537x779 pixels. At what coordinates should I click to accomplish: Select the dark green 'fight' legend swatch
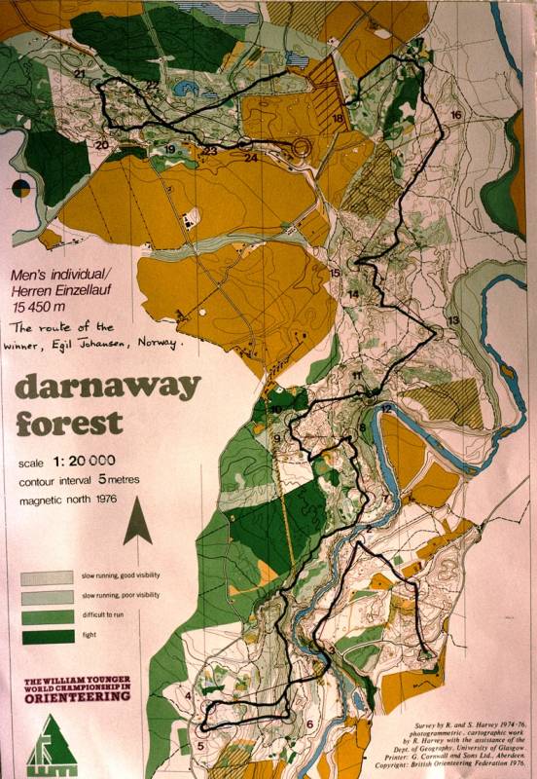[x=47, y=636]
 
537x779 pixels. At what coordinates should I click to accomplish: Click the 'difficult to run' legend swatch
[x=47, y=616]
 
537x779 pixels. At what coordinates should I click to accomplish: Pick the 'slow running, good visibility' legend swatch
[x=47, y=577]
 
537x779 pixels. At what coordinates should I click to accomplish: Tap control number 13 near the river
[x=452, y=319]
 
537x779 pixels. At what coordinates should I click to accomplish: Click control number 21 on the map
[x=80, y=74]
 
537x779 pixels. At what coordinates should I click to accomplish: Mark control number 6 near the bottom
[x=310, y=723]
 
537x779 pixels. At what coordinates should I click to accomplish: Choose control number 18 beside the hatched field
[x=338, y=119]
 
